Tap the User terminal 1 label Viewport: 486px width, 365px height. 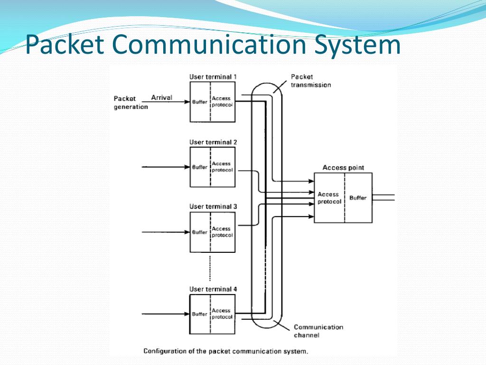coord(213,77)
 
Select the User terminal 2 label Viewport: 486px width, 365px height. coord(213,142)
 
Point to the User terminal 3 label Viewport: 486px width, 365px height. coord(213,206)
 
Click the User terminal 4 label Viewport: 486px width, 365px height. coord(213,289)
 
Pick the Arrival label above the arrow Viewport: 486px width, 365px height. coord(161,97)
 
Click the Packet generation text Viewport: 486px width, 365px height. coord(131,103)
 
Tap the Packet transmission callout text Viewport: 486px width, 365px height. coord(311,81)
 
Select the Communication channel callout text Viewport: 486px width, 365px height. coord(318,331)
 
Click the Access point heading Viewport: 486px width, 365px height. coord(343,168)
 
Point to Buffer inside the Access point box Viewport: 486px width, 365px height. coord(358,198)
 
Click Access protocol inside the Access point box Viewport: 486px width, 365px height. coord(329,198)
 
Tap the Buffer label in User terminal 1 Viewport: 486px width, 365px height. coord(200,102)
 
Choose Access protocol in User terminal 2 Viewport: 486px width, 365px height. coord(222,167)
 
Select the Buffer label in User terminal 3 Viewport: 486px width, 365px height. coord(200,232)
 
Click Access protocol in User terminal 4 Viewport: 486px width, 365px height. coord(222,314)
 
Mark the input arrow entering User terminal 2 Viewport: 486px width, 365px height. coord(166,167)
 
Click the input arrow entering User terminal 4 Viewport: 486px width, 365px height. coord(166,314)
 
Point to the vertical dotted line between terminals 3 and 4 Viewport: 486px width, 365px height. coord(210,268)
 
